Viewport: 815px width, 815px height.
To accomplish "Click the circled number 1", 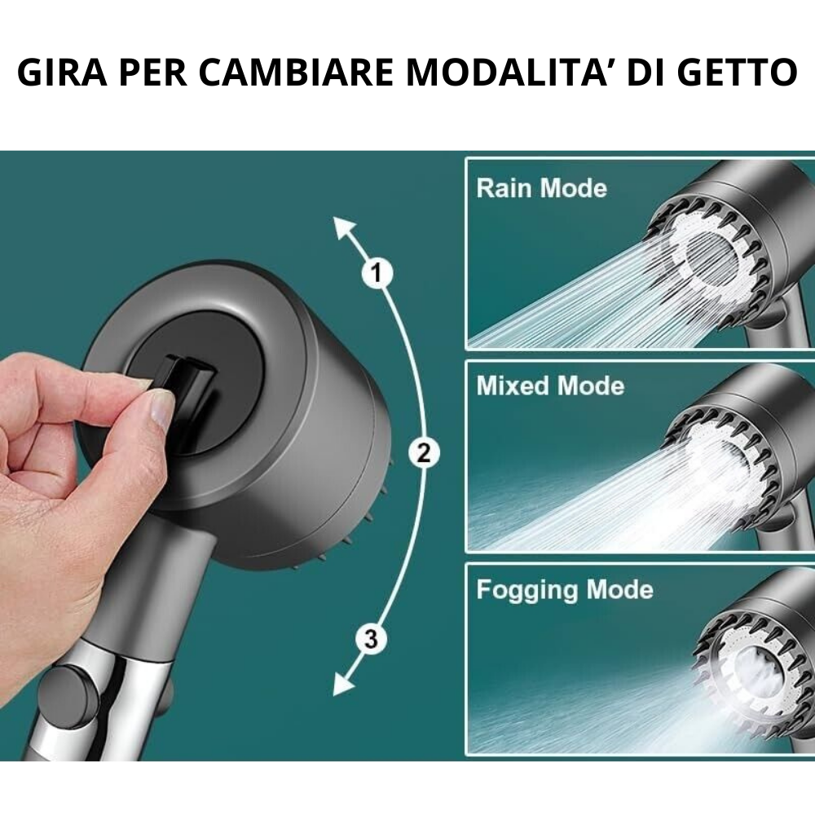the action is click(x=377, y=272).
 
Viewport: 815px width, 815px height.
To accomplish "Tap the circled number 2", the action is click(x=424, y=452).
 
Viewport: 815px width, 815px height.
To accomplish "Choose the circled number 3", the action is click(x=371, y=638).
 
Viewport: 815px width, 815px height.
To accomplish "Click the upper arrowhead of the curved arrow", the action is click(x=343, y=229).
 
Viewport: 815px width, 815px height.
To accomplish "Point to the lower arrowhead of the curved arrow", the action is click(x=342, y=683).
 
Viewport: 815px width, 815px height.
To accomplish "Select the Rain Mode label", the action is click(x=542, y=187).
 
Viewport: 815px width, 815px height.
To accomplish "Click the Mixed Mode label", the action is click(x=550, y=385).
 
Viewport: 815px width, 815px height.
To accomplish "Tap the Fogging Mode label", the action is click(x=565, y=590).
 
